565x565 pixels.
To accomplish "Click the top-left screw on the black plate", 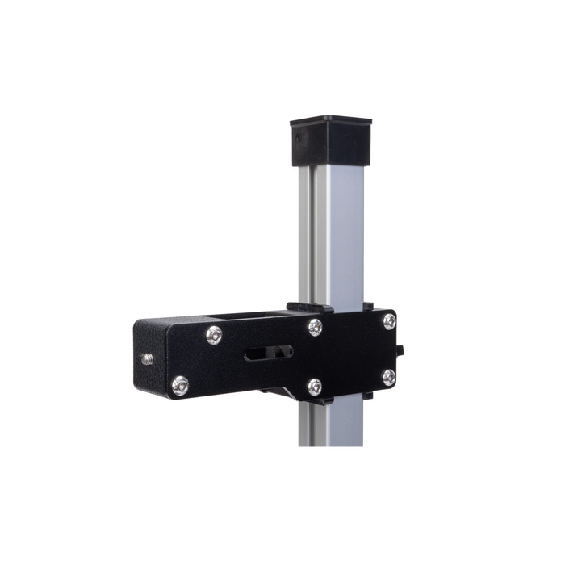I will [x=214, y=334].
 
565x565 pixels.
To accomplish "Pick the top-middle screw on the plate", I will [x=315, y=327].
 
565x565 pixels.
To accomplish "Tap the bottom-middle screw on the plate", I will [x=315, y=387].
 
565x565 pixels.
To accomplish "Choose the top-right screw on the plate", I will [x=389, y=321].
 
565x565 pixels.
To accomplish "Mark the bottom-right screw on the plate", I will [x=388, y=377].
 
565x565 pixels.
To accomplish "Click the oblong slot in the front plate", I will [x=267, y=353].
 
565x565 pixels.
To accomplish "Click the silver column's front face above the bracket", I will [x=339, y=234].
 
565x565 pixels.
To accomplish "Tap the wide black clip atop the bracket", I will [x=310, y=308].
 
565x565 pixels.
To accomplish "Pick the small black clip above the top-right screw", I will [x=369, y=307].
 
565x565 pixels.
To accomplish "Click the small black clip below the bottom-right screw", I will [x=369, y=395].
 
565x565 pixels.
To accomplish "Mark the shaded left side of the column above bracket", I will [x=305, y=234].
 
